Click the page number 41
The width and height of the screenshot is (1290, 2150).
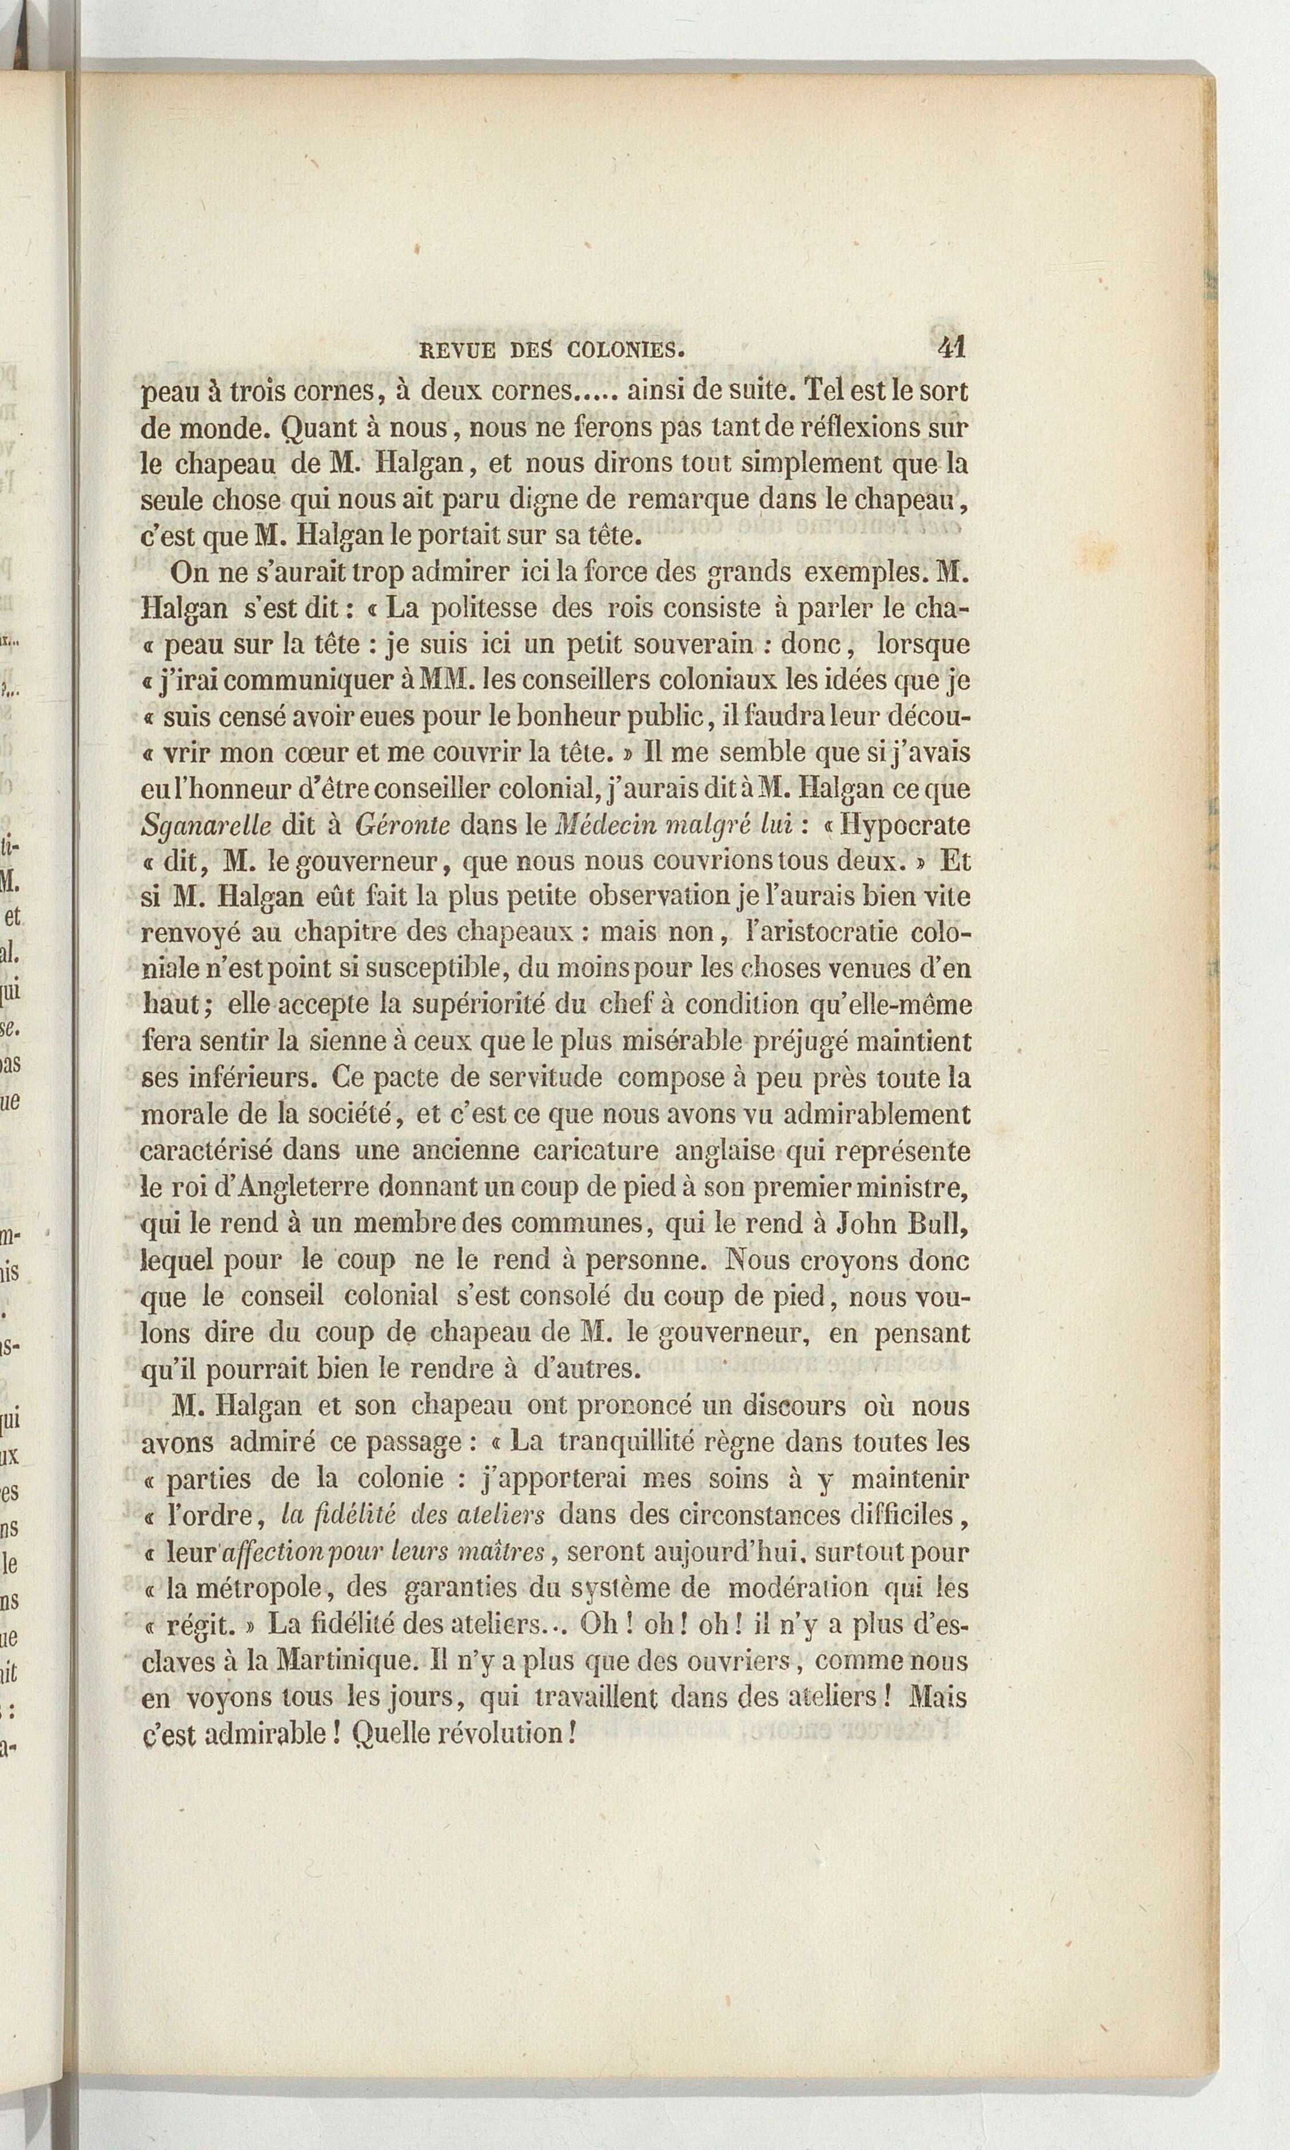952,348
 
